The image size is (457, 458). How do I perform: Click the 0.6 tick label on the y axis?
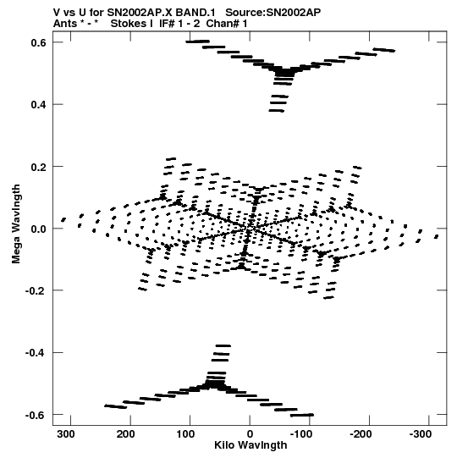tap(38, 42)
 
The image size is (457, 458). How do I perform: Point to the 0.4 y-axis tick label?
tap(38, 105)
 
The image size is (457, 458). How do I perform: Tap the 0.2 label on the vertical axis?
tap(38, 167)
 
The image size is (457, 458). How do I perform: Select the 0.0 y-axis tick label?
tap(38, 229)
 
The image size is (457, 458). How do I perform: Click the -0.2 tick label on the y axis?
tap(36, 291)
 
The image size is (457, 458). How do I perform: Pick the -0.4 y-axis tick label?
tap(36, 353)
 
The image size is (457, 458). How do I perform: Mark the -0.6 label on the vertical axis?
tap(36, 415)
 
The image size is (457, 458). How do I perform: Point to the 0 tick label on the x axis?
tap(250, 434)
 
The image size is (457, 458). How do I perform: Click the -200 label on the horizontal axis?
tap(361, 434)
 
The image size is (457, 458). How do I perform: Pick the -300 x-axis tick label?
tap(421, 434)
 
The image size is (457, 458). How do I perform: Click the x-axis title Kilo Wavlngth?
tap(251, 445)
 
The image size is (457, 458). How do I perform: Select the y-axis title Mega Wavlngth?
tap(16, 223)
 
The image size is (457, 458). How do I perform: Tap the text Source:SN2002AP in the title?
tap(273, 13)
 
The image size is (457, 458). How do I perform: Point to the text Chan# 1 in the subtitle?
tap(227, 24)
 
